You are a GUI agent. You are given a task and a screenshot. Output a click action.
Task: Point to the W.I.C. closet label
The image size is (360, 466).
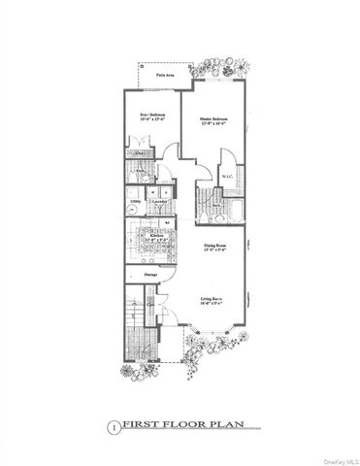(226, 176)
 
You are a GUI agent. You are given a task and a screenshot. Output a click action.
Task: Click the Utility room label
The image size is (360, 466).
(136, 203)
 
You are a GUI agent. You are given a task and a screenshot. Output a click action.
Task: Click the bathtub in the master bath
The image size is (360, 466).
(212, 210)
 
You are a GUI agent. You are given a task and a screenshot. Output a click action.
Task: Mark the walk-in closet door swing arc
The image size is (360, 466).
(224, 158)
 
